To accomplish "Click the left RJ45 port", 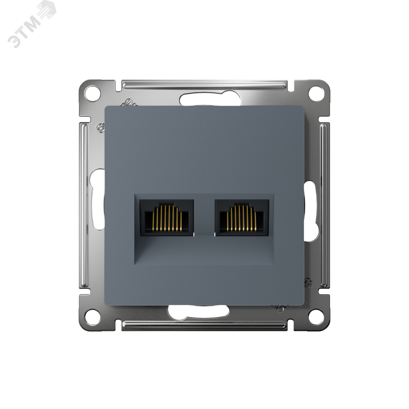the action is pos(167,218).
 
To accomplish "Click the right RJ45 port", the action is pos(242,218).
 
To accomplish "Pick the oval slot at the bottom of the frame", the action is pos(198,311).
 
